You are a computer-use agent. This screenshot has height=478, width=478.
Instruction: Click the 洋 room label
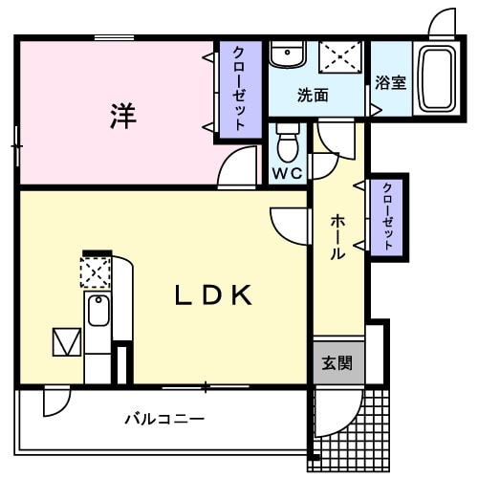click(x=122, y=117)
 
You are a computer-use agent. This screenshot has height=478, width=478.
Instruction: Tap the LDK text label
click(x=213, y=294)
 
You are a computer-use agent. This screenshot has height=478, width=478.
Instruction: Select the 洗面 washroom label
click(x=312, y=95)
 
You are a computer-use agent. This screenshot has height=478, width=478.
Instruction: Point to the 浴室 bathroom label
click(x=390, y=82)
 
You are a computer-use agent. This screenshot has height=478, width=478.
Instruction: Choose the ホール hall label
click(x=338, y=237)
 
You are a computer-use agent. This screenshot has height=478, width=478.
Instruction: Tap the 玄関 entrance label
click(x=336, y=363)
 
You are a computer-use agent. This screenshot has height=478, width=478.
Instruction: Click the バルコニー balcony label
click(x=163, y=419)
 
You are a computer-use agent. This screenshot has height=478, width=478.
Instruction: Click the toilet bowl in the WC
click(x=287, y=144)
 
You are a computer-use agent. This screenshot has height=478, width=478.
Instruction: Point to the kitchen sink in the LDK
click(x=98, y=312)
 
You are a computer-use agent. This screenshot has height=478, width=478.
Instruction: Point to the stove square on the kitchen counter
click(x=96, y=273)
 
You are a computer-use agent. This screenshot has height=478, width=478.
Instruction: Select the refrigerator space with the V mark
click(x=67, y=341)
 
